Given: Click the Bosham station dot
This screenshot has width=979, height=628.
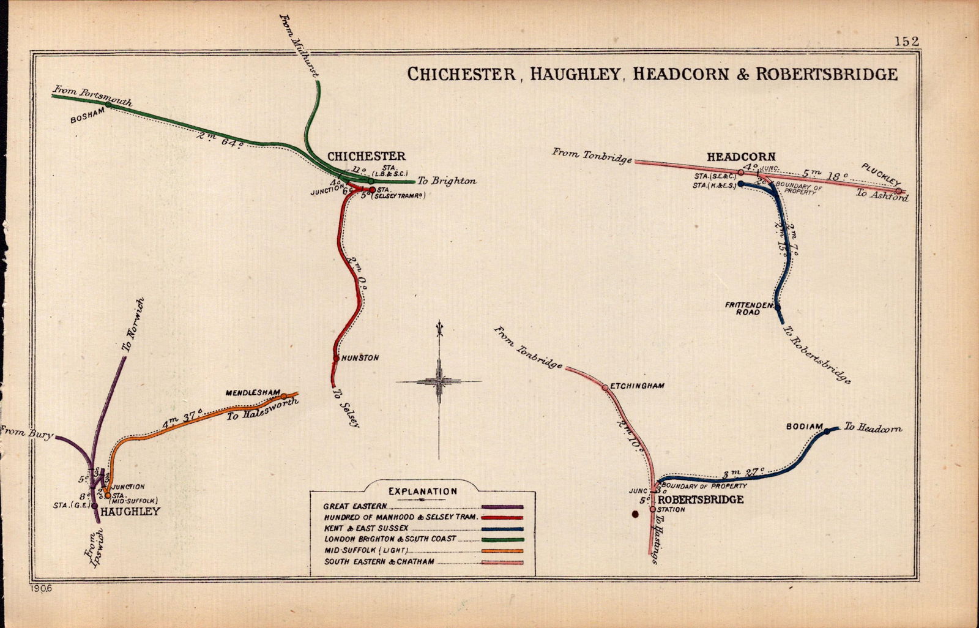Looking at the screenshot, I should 108,105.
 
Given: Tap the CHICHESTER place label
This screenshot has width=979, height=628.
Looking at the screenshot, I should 366,157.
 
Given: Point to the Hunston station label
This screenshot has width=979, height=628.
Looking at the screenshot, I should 360,357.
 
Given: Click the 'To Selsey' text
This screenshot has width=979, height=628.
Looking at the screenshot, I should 345,406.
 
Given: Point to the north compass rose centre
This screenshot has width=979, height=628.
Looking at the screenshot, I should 439,381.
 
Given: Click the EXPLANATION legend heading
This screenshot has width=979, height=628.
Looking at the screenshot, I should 422,491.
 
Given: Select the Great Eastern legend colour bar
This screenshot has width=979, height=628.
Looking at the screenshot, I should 502,507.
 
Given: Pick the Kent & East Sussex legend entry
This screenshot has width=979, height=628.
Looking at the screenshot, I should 366,528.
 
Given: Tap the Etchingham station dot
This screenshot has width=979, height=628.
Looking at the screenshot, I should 605,387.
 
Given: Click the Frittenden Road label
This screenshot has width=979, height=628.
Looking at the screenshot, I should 742,308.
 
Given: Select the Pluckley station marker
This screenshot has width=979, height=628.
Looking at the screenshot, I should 898,192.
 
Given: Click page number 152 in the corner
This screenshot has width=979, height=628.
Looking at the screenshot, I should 906,41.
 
